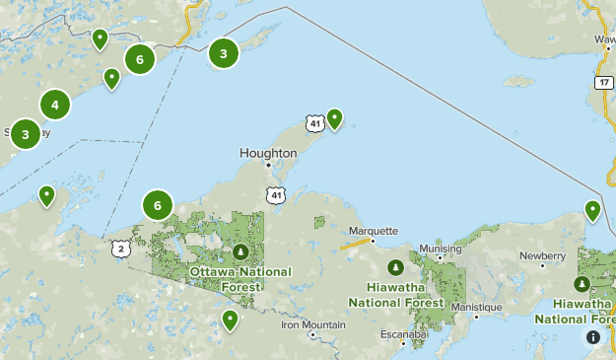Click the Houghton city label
coord(268,154)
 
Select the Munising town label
coord(441,249)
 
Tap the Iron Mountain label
coord(313,324)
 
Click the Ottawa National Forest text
coord(240,278)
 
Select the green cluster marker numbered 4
coord(55,104)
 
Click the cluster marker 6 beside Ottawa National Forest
coord(158,204)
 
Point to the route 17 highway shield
coord(603,82)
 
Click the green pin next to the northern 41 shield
coord(335,118)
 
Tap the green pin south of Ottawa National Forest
coord(230,319)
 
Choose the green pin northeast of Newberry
coord(592,209)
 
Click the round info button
coord(593,337)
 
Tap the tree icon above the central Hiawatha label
coord(395,266)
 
